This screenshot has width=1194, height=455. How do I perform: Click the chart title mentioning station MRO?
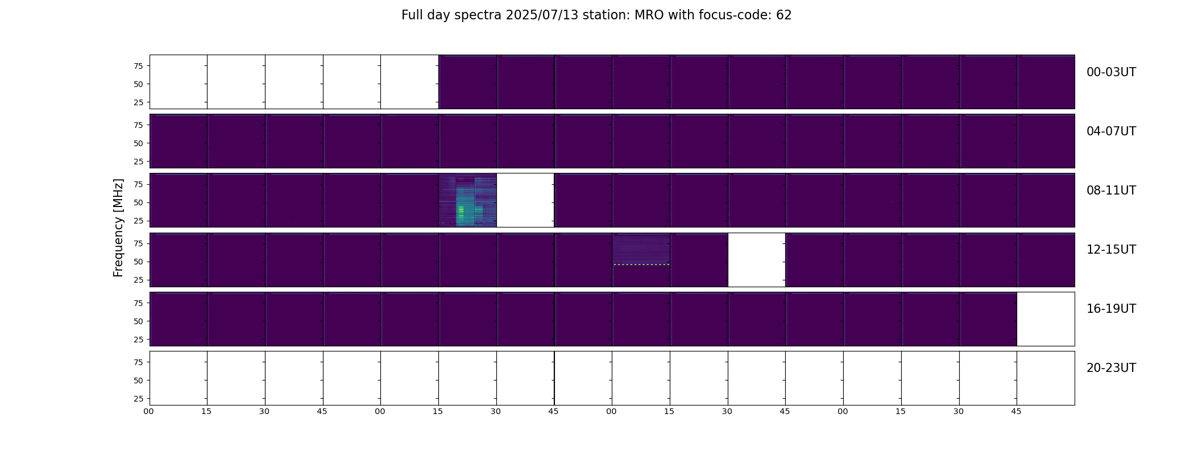click(596, 15)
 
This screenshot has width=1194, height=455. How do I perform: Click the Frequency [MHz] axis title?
click(118, 227)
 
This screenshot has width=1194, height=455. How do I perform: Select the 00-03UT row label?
click(1111, 72)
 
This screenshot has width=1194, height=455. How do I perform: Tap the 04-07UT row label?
click(1111, 131)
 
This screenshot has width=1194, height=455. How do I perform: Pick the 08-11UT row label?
click(1111, 191)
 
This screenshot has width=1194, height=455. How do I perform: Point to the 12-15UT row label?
click(1111, 250)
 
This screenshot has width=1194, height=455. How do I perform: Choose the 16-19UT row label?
click(1111, 309)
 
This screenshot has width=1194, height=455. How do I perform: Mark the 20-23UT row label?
click(1111, 368)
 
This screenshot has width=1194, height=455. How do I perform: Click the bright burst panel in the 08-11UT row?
click(467, 200)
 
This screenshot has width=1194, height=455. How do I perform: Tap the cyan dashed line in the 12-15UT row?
click(641, 264)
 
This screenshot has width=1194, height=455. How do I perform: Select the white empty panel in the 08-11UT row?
click(525, 200)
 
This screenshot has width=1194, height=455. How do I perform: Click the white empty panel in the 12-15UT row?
click(757, 260)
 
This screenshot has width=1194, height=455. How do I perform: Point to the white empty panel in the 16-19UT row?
click(1046, 319)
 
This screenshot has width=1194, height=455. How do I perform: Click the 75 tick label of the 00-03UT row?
click(138, 66)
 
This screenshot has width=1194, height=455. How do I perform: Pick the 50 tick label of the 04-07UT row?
click(138, 143)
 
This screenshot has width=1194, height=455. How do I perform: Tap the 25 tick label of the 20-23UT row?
click(138, 399)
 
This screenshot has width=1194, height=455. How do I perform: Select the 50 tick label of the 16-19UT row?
click(138, 321)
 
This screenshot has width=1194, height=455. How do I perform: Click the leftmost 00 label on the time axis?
click(149, 411)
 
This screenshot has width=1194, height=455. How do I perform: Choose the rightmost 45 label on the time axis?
click(1016, 411)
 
